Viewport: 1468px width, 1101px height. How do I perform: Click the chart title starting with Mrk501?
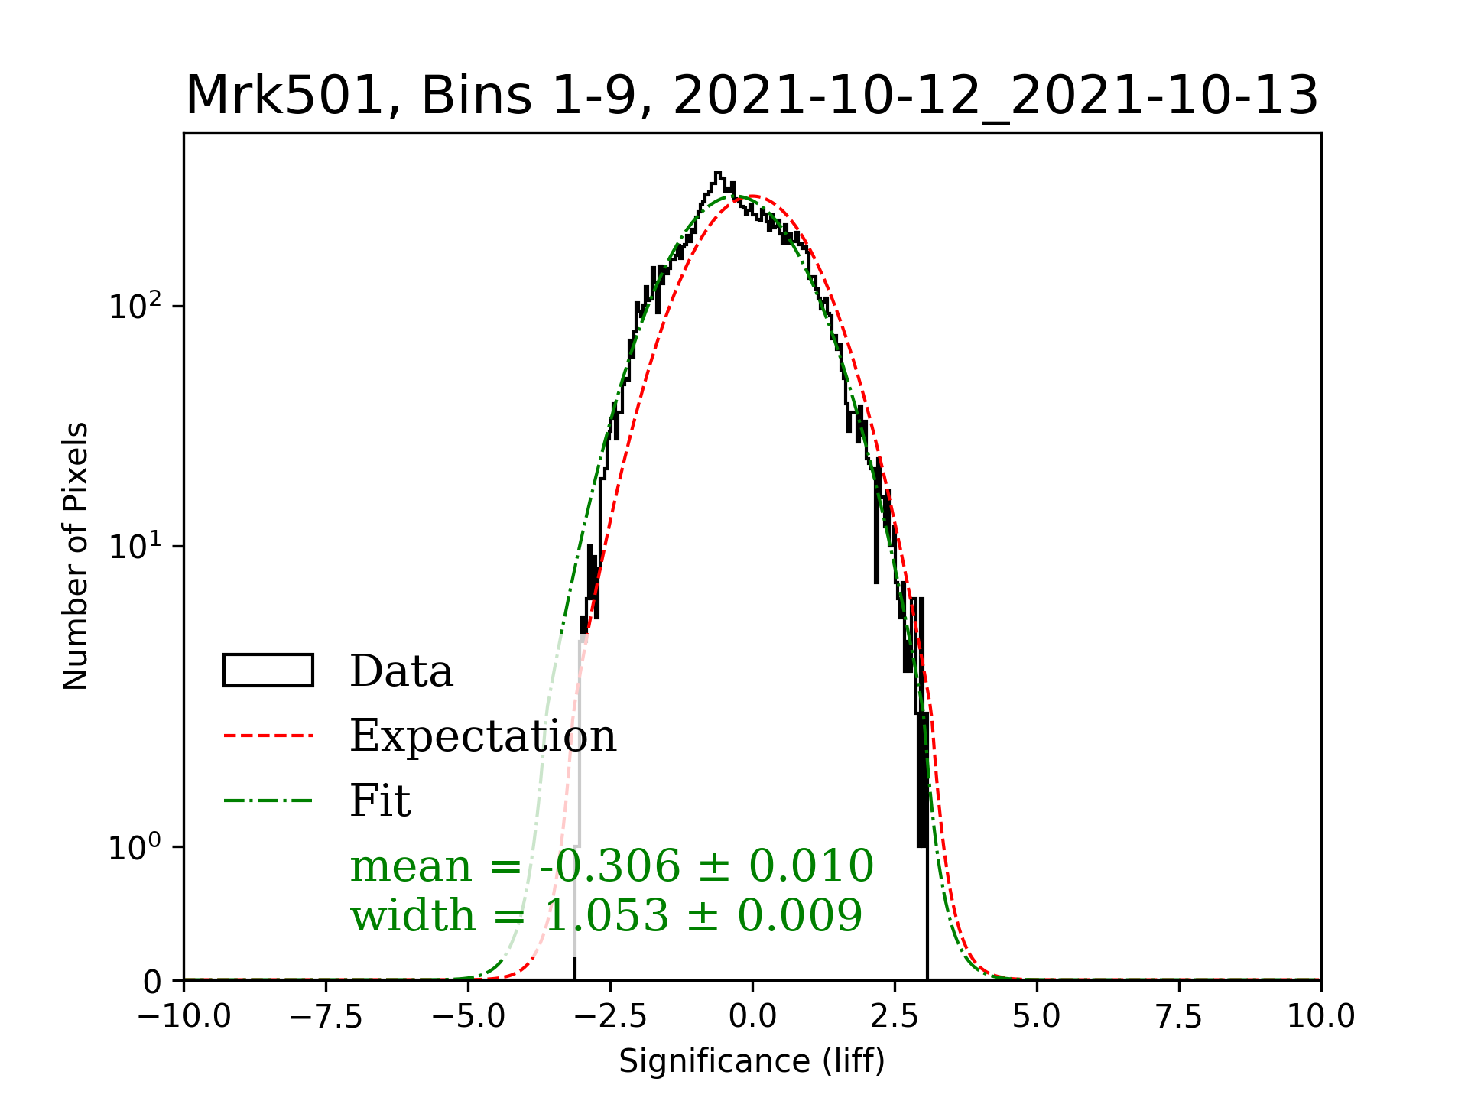click(x=752, y=97)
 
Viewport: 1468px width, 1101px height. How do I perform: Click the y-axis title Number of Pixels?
click(x=76, y=556)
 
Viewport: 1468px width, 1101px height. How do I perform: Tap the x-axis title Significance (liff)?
click(x=752, y=1061)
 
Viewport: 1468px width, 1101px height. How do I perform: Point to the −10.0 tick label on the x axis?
click(x=183, y=1017)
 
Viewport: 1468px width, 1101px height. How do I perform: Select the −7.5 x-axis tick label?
click(x=326, y=1017)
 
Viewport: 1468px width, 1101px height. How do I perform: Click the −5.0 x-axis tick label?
click(x=468, y=1017)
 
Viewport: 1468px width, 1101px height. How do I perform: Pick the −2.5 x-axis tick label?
click(x=610, y=1017)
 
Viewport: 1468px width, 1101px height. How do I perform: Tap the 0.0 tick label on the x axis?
click(x=752, y=1017)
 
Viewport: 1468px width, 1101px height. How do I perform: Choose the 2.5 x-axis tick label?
click(x=895, y=1017)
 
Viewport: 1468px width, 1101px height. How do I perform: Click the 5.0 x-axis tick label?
click(x=1037, y=1017)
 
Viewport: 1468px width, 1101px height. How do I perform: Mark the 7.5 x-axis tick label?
click(x=1179, y=1017)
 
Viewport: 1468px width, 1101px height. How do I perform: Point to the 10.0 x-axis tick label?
click(x=1321, y=1017)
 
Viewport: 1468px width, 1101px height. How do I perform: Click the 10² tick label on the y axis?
click(x=136, y=306)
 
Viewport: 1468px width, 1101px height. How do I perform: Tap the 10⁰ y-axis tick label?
click(x=136, y=847)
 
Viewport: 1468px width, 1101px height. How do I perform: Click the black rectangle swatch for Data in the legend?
click(x=268, y=671)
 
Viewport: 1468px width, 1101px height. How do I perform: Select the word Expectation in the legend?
click(x=482, y=736)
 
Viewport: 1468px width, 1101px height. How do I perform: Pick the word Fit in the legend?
click(x=380, y=801)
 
